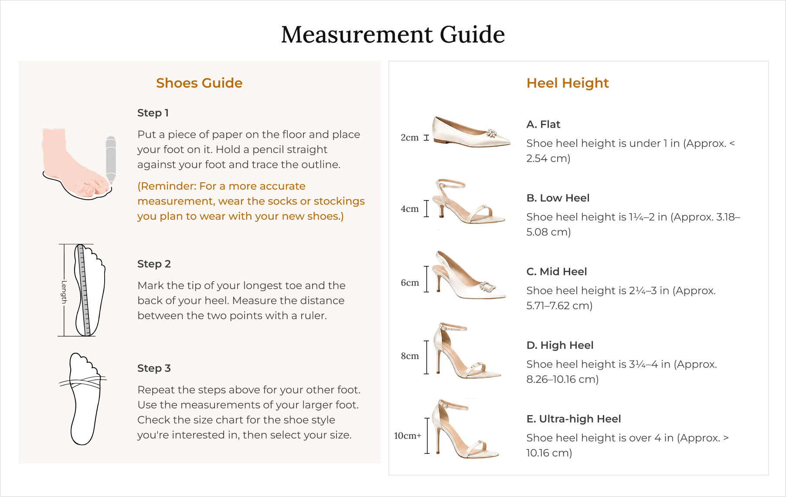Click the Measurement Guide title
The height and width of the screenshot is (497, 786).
click(x=393, y=34)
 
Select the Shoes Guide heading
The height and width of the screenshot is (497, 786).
click(x=199, y=83)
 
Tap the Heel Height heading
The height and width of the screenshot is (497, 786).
click(x=568, y=83)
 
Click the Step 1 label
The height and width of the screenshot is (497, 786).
click(x=153, y=113)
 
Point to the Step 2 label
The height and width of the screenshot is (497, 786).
click(x=154, y=264)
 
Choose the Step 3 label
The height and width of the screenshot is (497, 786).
click(x=154, y=368)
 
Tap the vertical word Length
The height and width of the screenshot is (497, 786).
click(x=64, y=292)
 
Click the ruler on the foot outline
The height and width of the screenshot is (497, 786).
click(x=84, y=290)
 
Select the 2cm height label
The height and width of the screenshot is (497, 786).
click(x=410, y=138)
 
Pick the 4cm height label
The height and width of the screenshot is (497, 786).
click(x=410, y=209)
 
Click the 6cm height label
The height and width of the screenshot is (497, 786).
click(x=410, y=283)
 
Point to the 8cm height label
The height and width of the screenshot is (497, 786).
click(x=410, y=356)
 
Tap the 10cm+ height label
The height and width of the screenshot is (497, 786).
click(x=408, y=436)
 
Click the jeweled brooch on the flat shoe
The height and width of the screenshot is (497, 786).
click(x=492, y=133)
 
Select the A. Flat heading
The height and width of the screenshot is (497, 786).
click(x=543, y=125)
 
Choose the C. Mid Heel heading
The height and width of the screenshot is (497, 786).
click(x=557, y=272)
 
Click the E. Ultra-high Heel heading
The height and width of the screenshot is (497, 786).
click(x=574, y=419)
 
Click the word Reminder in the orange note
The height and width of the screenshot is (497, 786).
click(x=167, y=186)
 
